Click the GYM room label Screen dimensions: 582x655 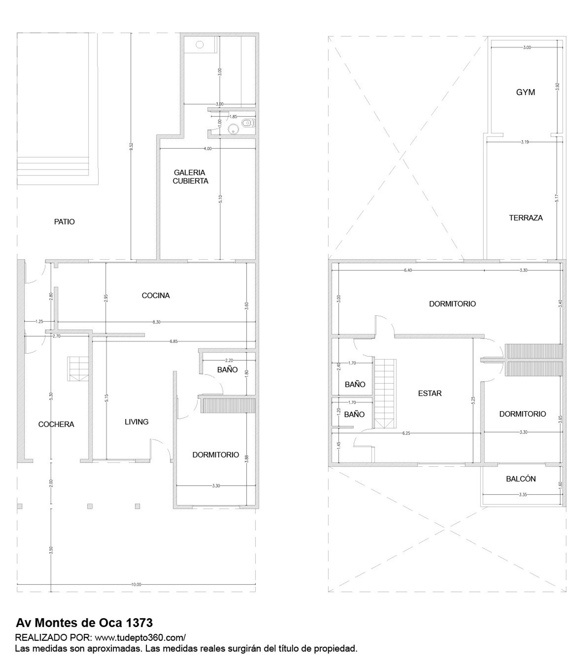(x=525, y=92)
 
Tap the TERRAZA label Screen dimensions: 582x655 (x=526, y=218)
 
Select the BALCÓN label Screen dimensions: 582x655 (x=521, y=479)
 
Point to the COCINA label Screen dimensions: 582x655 (x=156, y=295)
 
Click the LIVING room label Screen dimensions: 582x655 (x=136, y=422)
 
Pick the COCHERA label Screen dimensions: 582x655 (x=56, y=424)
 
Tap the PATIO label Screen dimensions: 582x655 (x=64, y=222)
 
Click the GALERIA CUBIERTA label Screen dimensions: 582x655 (x=190, y=177)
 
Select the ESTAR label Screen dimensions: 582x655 (x=430, y=393)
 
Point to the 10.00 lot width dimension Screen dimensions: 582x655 (x=136, y=584)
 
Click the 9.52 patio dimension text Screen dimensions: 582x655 (x=131, y=146)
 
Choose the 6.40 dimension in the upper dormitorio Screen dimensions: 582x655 (x=408, y=270)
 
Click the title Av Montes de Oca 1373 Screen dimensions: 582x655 (x=84, y=623)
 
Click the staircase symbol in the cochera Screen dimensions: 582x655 (x=78, y=369)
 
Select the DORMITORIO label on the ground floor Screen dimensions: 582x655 (x=216, y=455)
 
